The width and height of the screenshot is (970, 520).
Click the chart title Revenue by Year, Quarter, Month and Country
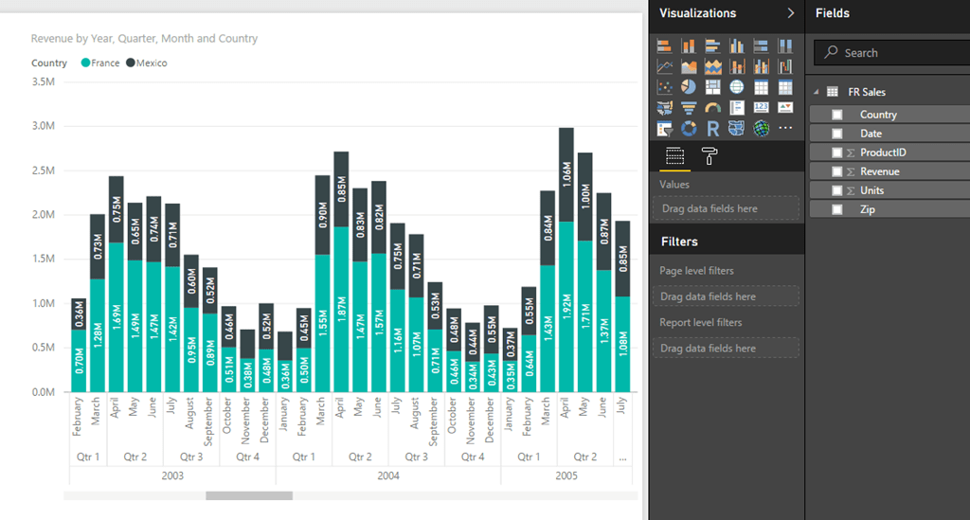pyautogui.click(x=144, y=39)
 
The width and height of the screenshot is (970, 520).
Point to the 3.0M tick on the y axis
pyautogui.click(x=44, y=126)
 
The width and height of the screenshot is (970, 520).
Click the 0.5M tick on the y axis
pyautogui.click(x=44, y=348)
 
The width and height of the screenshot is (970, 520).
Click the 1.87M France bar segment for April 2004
pyautogui.click(x=341, y=309)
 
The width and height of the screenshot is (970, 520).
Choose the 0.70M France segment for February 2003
pyautogui.click(x=80, y=360)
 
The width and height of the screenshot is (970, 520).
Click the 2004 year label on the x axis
pyautogui.click(x=388, y=475)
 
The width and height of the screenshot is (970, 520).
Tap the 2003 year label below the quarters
pyautogui.click(x=171, y=475)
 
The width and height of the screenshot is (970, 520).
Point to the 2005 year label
pyautogui.click(x=566, y=475)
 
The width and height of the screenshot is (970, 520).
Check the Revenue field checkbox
pyautogui.click(x=836, y=171)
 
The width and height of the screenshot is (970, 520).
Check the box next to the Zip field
pyautogui.click(x=836, y=209)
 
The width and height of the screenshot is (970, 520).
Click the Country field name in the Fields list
pyautogui.click(x=878, y=115)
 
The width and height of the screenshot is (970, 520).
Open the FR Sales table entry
pyautogui.click(x=866, y=92)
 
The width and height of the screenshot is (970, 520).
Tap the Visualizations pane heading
pyautogui.click(x=697, y=13)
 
